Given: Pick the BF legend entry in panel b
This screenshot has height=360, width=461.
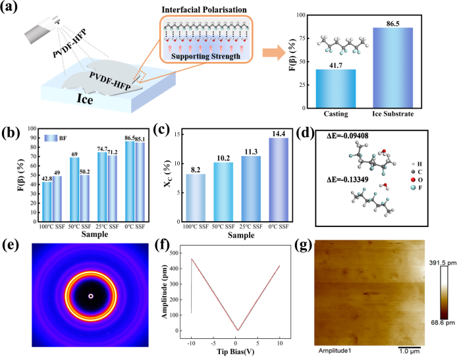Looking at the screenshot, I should (x=55, y=138).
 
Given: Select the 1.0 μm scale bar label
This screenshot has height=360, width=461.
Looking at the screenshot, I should (x=419, y=348).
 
